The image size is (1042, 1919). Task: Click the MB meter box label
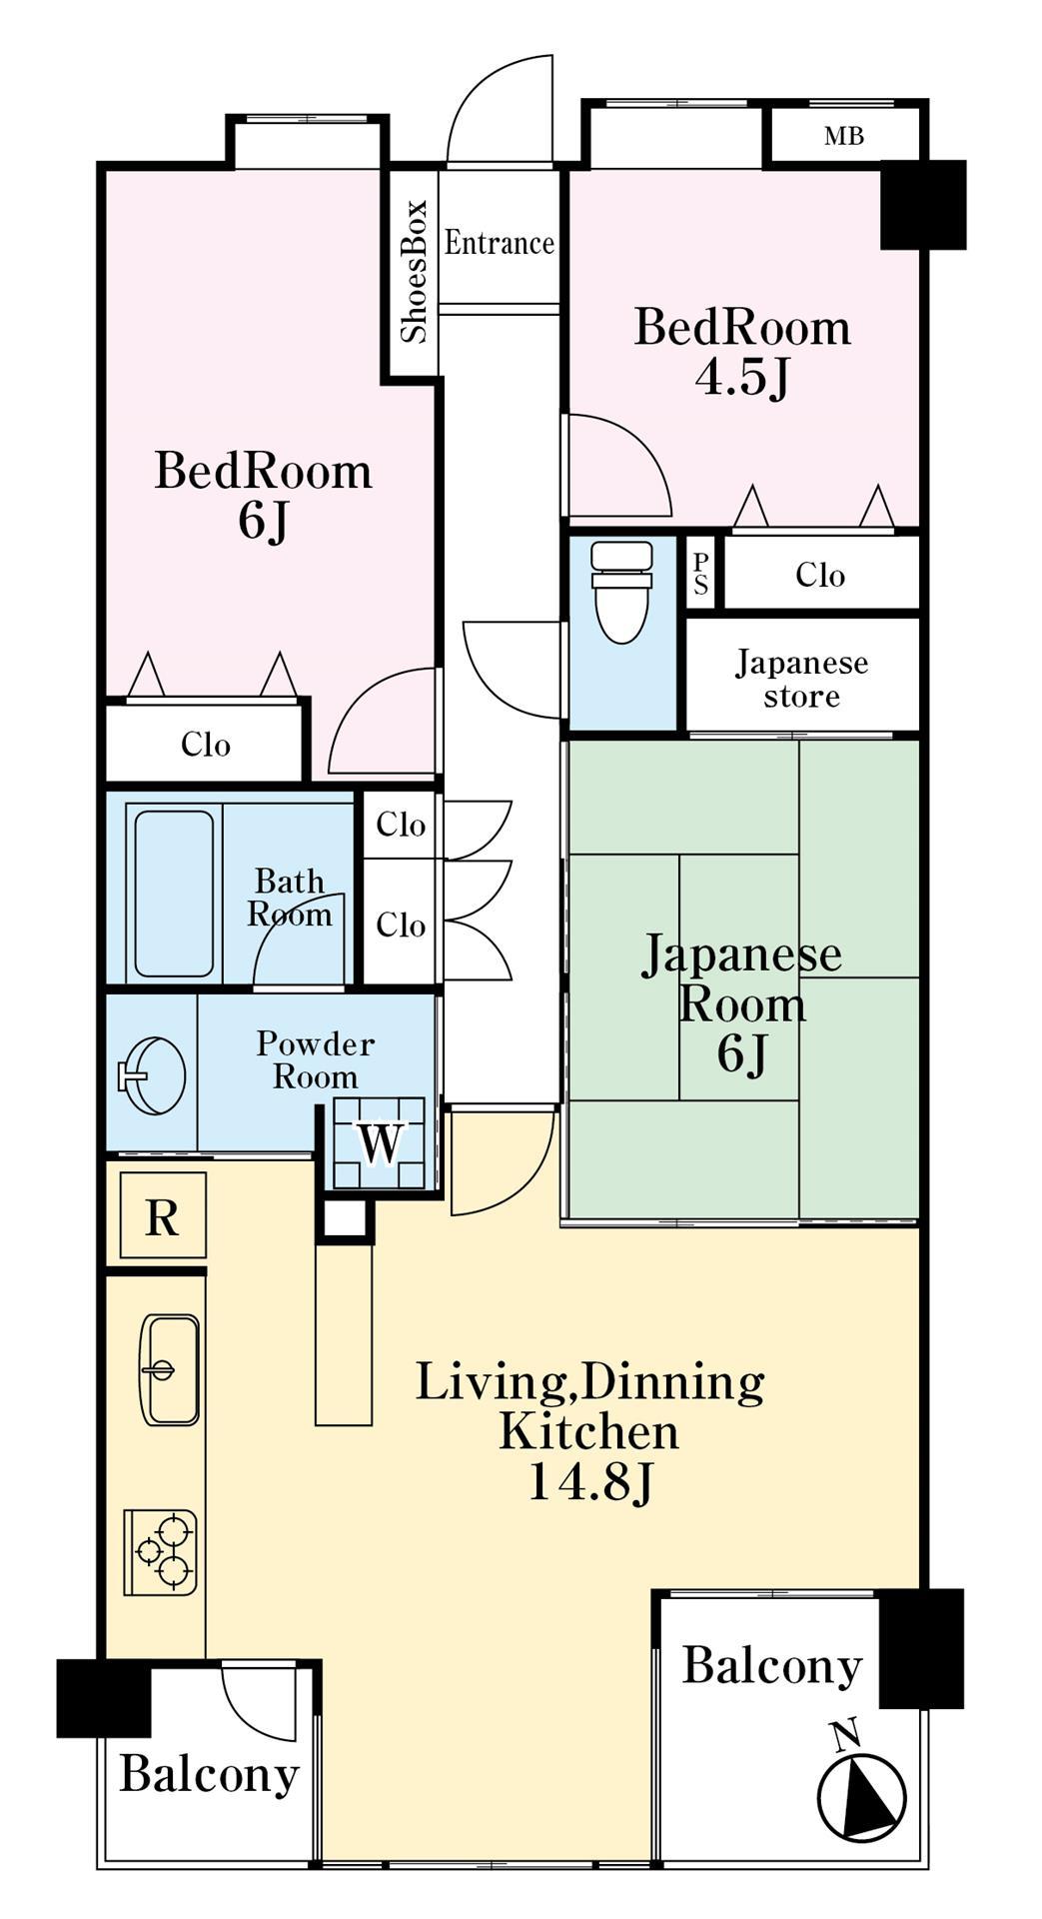[844, 136]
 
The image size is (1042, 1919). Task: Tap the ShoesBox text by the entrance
[414, 272]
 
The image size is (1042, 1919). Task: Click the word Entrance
[499, 243]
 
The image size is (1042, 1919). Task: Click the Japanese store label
[801, 679]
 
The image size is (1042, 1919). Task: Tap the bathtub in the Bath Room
[174, 893]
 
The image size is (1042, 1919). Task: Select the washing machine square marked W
[380, 1142]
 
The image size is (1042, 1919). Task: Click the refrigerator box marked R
[163, 1216]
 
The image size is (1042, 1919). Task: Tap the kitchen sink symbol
[170, 1368]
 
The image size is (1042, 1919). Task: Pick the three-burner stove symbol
[161, 1551]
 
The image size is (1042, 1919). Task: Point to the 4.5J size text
[742, 378]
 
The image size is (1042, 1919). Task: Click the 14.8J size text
[589, 1482]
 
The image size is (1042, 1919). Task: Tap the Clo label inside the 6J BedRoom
[206, 745]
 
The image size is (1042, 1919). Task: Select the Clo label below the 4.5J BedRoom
[820, 575]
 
